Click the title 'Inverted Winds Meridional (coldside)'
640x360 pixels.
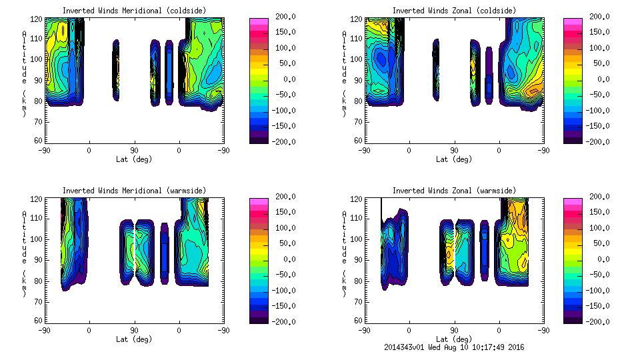pos(134,11)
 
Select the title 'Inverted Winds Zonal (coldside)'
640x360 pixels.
pos(454,11)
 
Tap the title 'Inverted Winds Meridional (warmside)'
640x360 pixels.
pos(134,191)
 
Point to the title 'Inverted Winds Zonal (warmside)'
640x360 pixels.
pos(454,191)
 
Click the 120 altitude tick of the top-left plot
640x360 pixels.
pos(38,18)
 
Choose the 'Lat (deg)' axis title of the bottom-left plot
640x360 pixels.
pos(134,339)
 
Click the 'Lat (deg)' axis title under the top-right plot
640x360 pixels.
pos(454,159)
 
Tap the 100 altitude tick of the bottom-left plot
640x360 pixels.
pos(38,239)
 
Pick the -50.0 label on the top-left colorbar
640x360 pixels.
pos(283,95)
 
